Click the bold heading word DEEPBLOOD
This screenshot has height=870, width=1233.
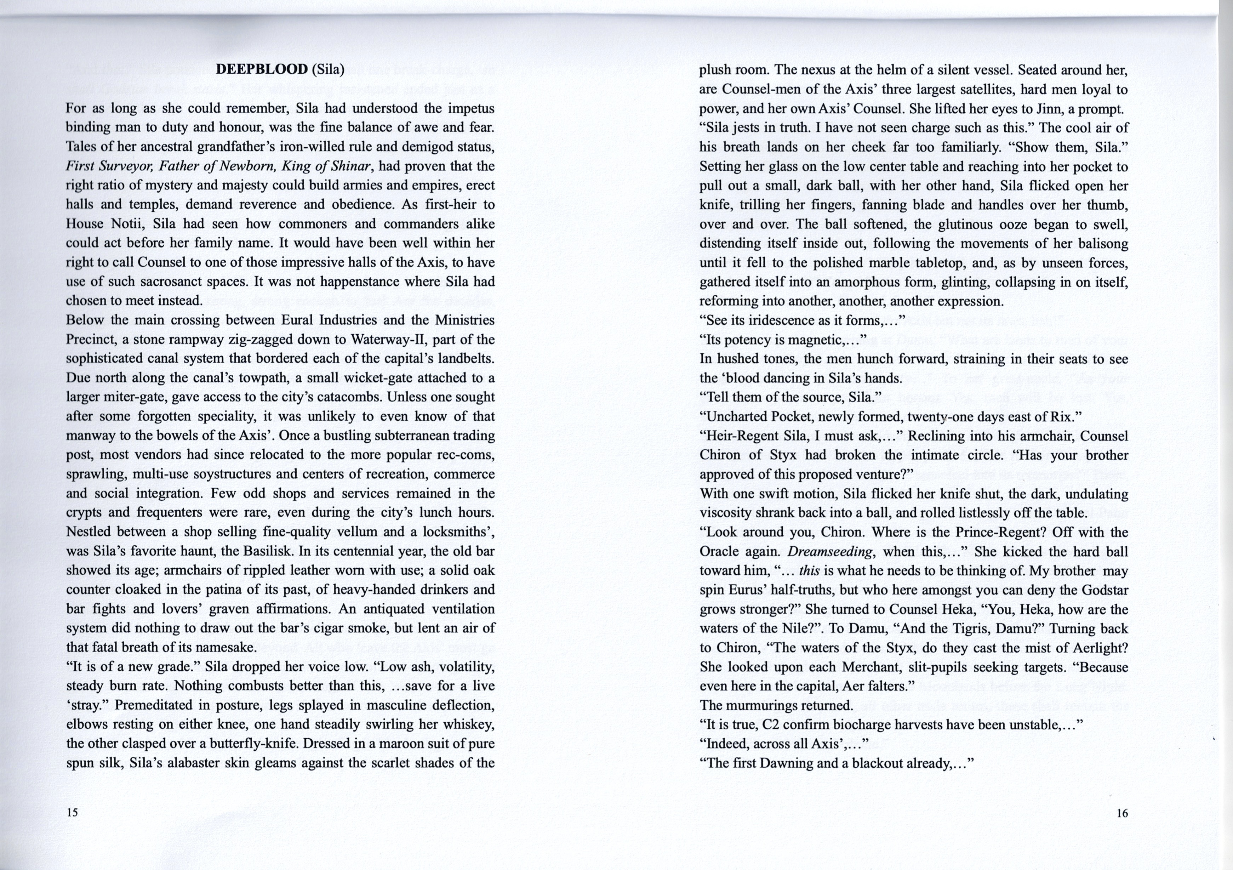262,70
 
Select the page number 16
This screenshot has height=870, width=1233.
1122,813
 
